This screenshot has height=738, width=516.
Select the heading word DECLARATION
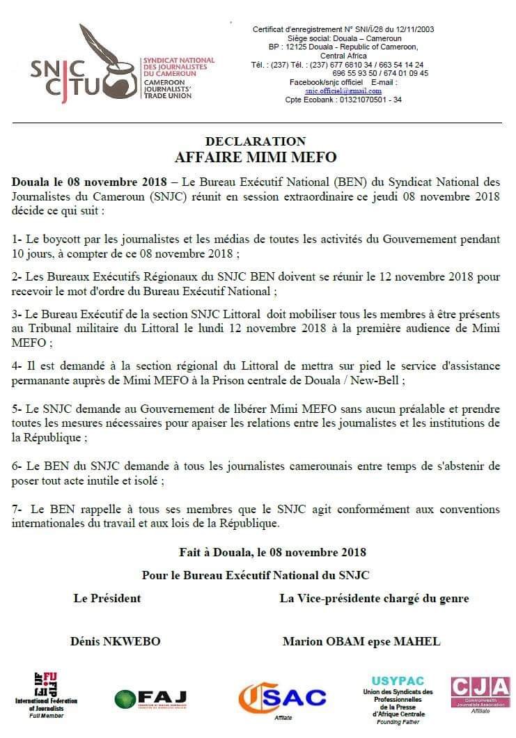[x=256, y=141]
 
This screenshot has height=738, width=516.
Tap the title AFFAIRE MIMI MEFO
[x=256, y=156]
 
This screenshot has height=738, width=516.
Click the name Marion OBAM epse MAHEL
[x=361, y=641]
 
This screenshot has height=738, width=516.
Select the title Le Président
[x=107, y=598]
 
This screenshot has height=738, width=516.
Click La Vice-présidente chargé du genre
[x=374, y=598]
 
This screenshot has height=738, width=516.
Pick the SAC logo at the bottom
[x=282, y=698]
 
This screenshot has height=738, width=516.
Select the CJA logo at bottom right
[x=480, y=692]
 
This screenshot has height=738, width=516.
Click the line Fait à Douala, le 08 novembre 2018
[x=272, y=552]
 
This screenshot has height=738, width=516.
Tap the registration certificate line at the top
[x=343, y=29]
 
